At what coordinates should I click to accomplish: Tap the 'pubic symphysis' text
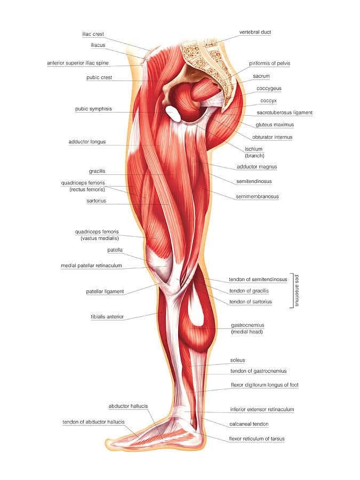click(93, 109)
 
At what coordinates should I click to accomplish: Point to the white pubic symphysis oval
click(173, 112)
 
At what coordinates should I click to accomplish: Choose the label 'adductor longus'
click(87, 142)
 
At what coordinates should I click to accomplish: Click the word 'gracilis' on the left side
click(97, 171)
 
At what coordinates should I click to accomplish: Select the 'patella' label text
click(115, 249)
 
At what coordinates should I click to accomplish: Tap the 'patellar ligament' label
click(105, 291)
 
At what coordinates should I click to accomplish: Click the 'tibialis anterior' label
click(107, 316)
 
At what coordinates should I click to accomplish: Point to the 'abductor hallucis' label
click(128, 406)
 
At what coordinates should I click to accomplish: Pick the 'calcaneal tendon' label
click(249, 424)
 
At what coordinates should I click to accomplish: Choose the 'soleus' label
click(238, 360)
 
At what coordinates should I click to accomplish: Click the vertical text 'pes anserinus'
click(297, 290)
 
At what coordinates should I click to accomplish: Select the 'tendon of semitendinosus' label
click(258, 279)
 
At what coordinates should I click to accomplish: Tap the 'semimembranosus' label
click(257, 196)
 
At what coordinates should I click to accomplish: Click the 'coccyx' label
click(268, 100)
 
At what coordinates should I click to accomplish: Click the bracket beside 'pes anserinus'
click(291, 290)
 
